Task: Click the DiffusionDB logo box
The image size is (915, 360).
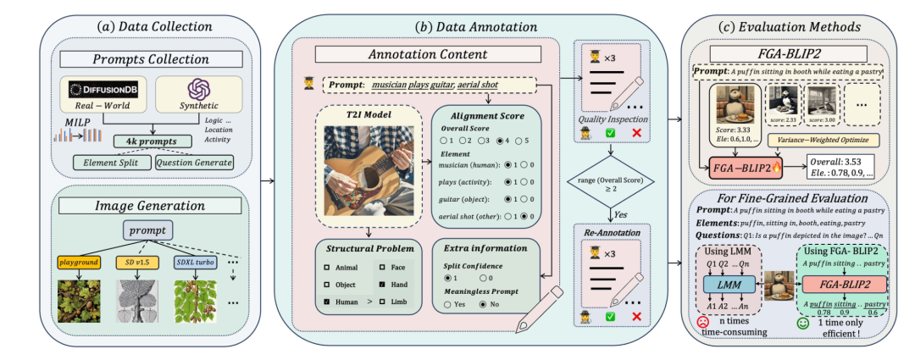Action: (105, 88)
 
